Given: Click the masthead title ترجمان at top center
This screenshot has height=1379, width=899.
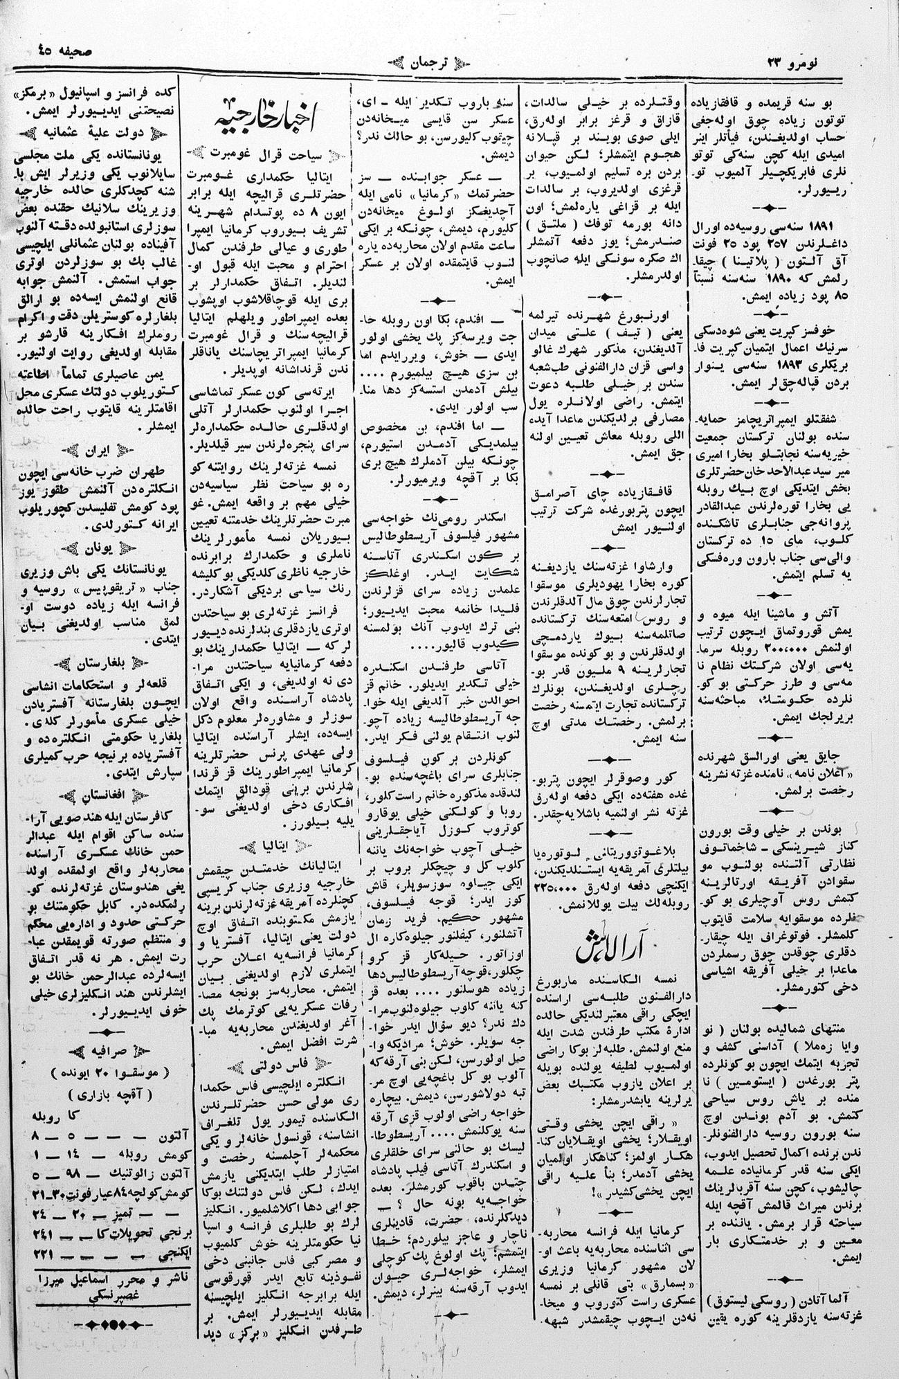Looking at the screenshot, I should coord(449,60).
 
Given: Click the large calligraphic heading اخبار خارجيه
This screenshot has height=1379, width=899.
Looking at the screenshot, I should coord(271,117).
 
